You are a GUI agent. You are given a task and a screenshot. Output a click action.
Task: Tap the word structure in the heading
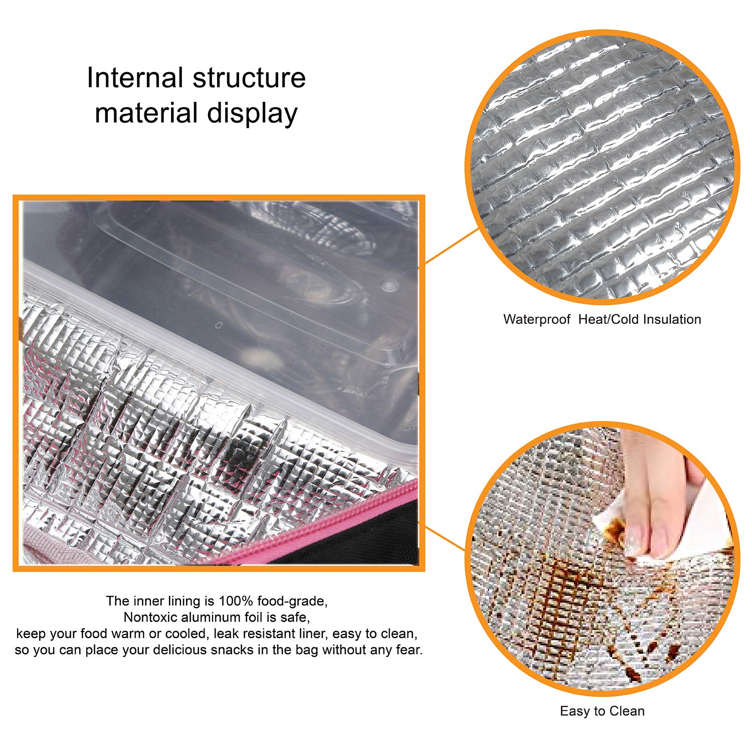click(249, 79)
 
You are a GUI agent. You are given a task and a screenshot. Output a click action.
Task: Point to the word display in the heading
click(253, 114)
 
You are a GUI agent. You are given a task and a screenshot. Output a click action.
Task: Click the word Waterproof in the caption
click(537, 319)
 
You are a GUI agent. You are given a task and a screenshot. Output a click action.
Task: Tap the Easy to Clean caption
click(602, 711)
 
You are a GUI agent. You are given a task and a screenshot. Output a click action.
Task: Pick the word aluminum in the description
click(212, 617)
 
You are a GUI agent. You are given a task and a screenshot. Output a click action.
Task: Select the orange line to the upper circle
click(452, 246)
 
